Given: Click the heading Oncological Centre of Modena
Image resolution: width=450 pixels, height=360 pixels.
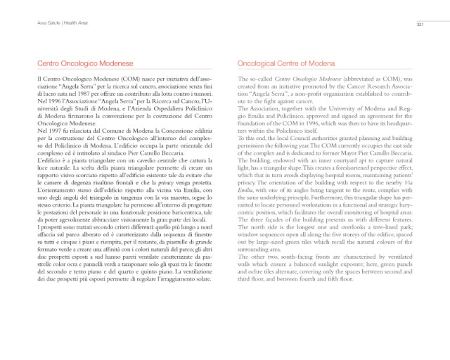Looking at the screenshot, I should (284, 63).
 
